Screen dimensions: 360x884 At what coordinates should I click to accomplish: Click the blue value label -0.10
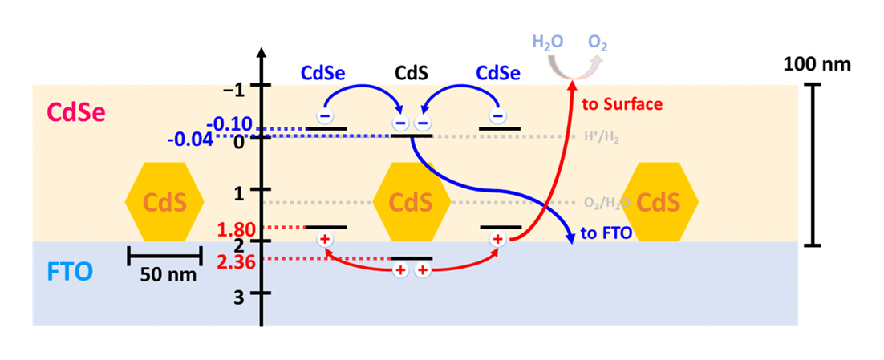229,124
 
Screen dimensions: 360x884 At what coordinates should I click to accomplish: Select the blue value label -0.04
189,140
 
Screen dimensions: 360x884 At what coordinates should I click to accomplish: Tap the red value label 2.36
234,259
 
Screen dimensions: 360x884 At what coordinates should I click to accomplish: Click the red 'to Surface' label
622,104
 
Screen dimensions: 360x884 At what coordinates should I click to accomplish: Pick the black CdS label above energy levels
411,73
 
